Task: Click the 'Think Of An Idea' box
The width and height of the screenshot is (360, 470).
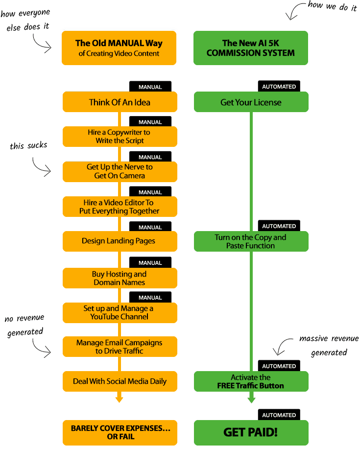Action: [x=120, y=102]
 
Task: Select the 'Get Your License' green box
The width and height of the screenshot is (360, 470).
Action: [x=251, y=102]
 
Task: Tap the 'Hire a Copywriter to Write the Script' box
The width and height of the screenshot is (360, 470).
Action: [x=120, y=137]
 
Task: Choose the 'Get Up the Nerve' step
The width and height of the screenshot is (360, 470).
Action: [x=120, y=171]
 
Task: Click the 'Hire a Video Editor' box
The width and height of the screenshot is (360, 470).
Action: [x=120, y=207]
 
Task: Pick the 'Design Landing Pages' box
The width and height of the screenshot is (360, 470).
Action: [x=120, y=241]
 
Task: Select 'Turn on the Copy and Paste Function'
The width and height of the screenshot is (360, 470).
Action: [x=251, y=241]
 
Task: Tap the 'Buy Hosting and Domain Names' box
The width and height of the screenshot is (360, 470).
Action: [x=120, y=278]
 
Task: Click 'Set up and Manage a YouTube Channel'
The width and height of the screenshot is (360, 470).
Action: [x=120, y=312]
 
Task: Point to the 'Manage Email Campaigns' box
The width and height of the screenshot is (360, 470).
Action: [x=120, y=347]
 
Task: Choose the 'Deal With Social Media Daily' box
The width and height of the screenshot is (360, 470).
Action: [x=120, y=381]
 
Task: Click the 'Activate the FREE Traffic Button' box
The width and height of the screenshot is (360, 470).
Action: [x=251, y=381]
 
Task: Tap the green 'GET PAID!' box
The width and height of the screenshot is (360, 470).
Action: [x=251, y=433]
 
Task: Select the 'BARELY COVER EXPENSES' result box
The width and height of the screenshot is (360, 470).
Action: [x=120, y=432]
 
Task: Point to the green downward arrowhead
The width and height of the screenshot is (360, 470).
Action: [x=251, y=399]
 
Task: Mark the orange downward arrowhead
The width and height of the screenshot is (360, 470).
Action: [x=119, y=399]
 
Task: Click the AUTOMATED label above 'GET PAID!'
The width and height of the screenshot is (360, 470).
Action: [x=279, y=415]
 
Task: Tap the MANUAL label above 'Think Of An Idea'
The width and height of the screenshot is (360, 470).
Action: [x=150, y=87]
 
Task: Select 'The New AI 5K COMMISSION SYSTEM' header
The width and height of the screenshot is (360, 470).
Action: [x=251, y=48]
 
